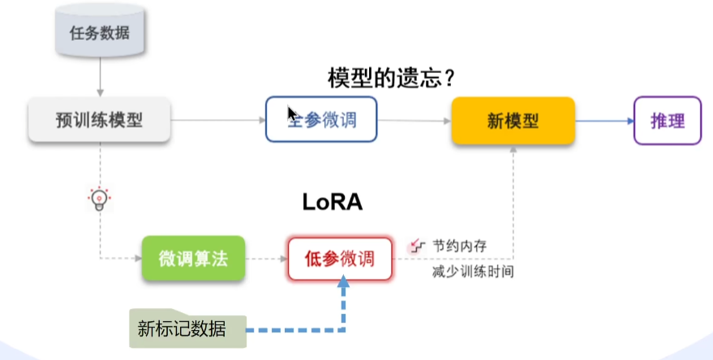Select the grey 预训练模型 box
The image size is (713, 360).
(x=100, y=121)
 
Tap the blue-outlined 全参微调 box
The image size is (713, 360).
(x=322, y=120)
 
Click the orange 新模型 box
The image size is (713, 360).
(x=513, y=121)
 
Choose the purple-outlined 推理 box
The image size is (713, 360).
(x=668, y=121)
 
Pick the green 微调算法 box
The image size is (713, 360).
(x=193, y=259)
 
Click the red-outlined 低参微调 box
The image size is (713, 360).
(x=339, y=259)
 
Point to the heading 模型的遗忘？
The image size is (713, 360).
(x=389, y=79)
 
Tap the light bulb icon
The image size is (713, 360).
(x=98, y=199)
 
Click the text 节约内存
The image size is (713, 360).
(x=459, y=245)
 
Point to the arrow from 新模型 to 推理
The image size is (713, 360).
(x=603, y=121)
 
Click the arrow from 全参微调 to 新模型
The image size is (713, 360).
(x=414, y=121)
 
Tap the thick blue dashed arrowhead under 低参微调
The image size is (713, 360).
(x=344, y=285)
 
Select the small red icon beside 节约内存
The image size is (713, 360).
(x=419, y=243)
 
